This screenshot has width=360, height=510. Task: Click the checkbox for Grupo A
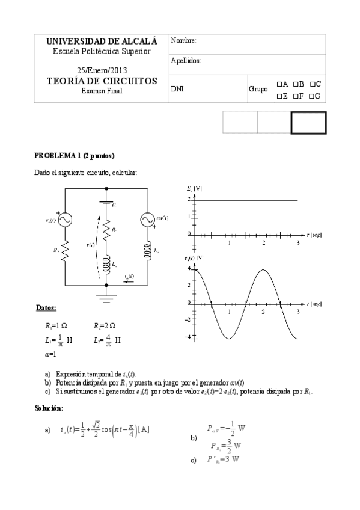pyautogui.click(x=279, y=84)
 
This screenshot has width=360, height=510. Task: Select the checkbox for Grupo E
pyautogui.click(x=279, y=96)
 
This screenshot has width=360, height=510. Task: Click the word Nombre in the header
pyautogui.click(x=183, y=41)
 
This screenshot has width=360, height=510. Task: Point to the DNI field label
pyautogui.click(x=177, y=88)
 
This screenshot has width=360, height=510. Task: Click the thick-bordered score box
pyautogui.click(x=308, y=123)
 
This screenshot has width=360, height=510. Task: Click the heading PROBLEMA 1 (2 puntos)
pyautogui.click(x=74, y=155)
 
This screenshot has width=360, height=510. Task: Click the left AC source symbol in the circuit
pyautogui.click(x=64, y=221)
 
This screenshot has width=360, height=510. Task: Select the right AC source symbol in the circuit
pyautogui.click(x=147, y=221)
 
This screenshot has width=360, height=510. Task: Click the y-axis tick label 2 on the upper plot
pyautogui.click(x=189, y=198)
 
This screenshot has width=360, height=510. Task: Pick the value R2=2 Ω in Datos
pyautogui.click(x=105, y=326)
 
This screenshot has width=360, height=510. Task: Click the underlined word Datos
pyautogui.click(x=46, y=309)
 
